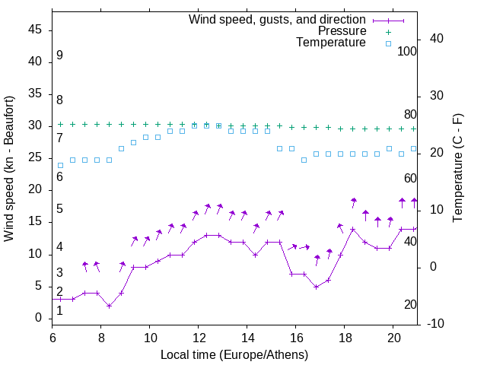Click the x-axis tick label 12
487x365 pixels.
199,337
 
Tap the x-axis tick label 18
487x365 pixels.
345,337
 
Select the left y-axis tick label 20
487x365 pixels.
34,189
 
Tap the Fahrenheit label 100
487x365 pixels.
408,52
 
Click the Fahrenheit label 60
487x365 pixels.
411,178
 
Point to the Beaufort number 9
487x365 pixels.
59,56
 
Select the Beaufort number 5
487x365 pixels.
59,209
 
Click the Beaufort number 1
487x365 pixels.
59,310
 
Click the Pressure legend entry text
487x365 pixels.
342,31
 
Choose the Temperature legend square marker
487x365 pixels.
388,43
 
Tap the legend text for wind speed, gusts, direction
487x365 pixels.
278,19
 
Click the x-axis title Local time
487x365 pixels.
234,355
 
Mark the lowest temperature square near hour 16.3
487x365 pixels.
304,160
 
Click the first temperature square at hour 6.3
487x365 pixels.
60,165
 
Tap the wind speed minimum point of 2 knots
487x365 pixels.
110,306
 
